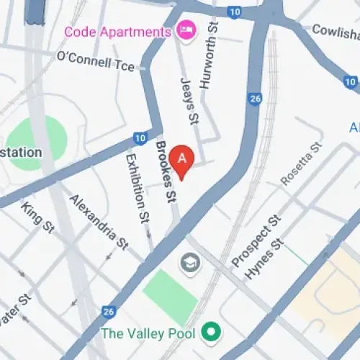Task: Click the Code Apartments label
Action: click(x=117, y=32)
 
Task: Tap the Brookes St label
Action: click(x=166, y=171)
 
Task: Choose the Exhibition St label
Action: click(x=137, y=186)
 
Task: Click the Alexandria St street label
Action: click(x=98, y=220)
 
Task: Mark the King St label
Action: click(x=38, y=217)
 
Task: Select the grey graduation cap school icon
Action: click(x=191, y=261)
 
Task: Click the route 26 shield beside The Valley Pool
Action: click(x=108, y=311)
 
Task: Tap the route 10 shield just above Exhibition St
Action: click(x=139, y=138)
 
